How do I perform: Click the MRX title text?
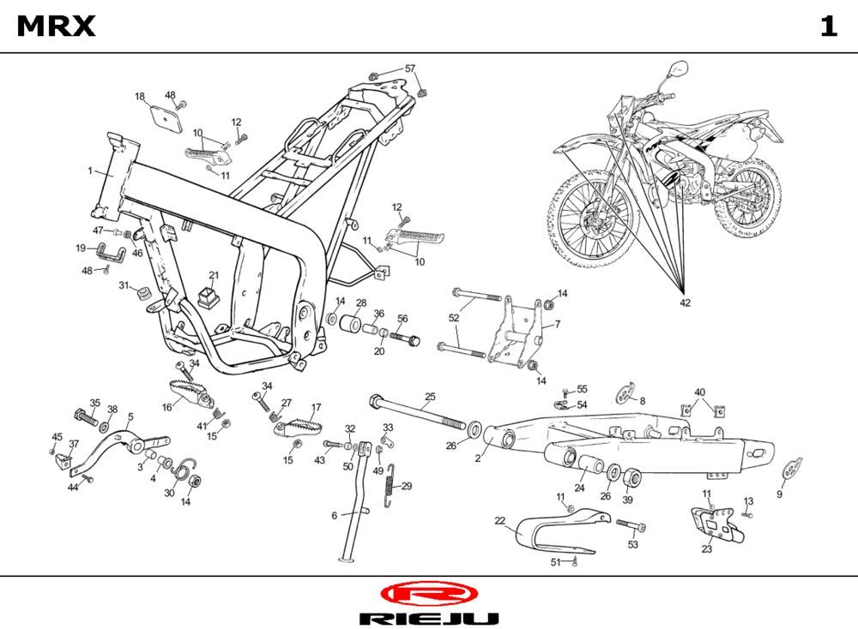57,27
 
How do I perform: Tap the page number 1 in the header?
827,27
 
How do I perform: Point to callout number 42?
684,303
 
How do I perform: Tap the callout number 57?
410,69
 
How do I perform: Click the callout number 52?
454,318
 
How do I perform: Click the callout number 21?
214,275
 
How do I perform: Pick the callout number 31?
124,285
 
